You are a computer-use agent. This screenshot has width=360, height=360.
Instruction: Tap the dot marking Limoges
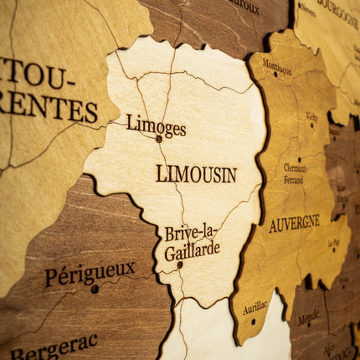pyautogui.click(x=159, y=139)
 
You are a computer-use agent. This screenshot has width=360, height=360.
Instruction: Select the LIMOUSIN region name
pyautogui.click(x=196, y=174)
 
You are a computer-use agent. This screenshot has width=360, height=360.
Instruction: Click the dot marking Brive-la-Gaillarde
pyautogui.click(x=180, y=265)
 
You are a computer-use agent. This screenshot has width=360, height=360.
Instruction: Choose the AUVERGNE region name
pyautogui.click(x=294, y=224)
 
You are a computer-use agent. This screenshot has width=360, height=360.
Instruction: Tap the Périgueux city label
pyautogui.click(x=90, y=273)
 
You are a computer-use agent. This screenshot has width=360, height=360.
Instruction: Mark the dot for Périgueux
pyautogui.click(x=95, y=289)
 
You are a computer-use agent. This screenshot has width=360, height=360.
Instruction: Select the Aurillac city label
pyautogui.click(x=255, y=308)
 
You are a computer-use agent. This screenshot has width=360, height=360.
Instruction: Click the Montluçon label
pyautogui.click(x=277, y=67)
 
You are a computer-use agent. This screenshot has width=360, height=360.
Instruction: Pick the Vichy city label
pyautogui.click(x=312, y=116)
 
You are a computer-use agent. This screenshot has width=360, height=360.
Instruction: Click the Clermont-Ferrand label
pyautogui.click(x=294, y=173)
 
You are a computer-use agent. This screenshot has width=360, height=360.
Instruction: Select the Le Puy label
pyautogui.click(x=334, y=244)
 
